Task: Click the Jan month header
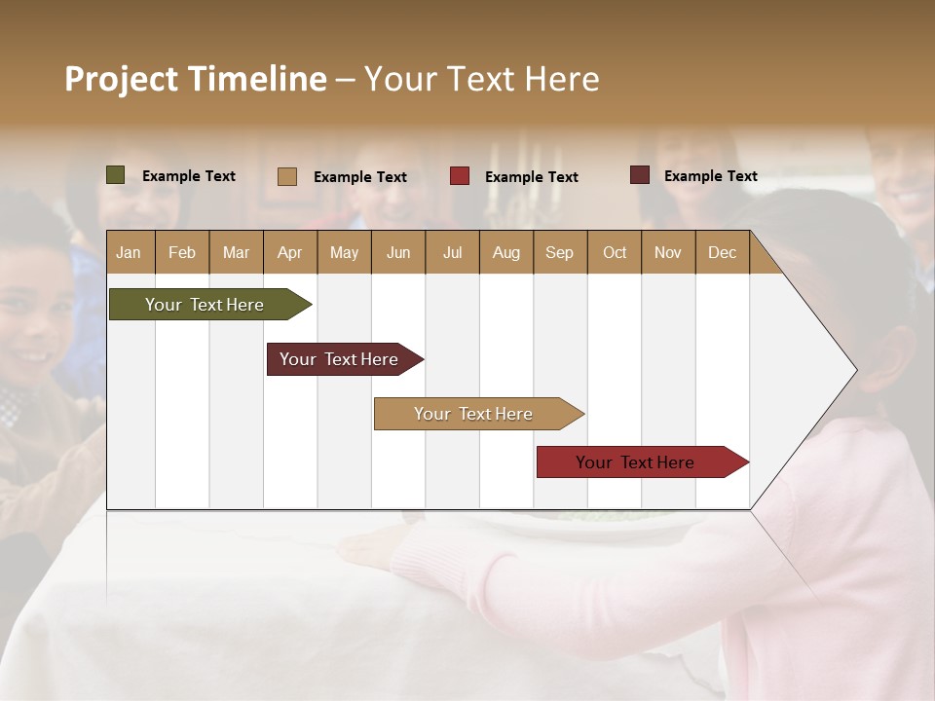129,252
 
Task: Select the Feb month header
182,252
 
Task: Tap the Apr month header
289,252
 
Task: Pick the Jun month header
398,252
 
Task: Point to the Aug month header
505,252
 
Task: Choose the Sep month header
559,252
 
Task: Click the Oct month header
615,252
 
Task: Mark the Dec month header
722,252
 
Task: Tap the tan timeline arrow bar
474,414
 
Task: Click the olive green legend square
116,175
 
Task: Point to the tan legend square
287,176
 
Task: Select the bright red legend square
460,176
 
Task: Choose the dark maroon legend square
640,175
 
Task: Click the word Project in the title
122,79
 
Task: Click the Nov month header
668,252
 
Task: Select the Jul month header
452,252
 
